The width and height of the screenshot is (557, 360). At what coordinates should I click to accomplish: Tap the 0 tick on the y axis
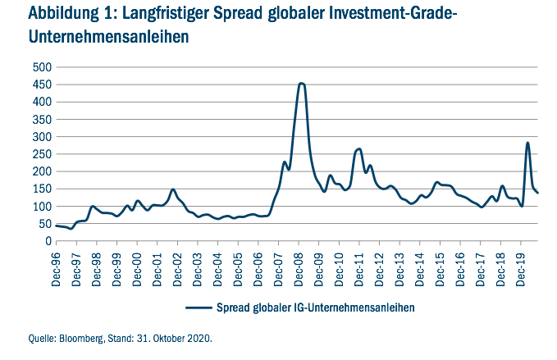(44, 241)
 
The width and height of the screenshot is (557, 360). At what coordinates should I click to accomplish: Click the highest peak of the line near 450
(301, 83)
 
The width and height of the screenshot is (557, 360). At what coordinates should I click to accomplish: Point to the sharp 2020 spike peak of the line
(527, 143)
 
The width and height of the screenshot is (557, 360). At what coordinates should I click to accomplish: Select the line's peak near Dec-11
(359, 149)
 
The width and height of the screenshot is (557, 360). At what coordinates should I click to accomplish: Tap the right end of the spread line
(538, 193)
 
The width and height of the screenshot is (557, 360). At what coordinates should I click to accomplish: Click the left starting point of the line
(55, 226)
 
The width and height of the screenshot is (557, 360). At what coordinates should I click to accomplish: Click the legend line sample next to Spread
(197, 307)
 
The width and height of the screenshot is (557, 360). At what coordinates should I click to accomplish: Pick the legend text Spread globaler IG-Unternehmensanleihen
(312, 307)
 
